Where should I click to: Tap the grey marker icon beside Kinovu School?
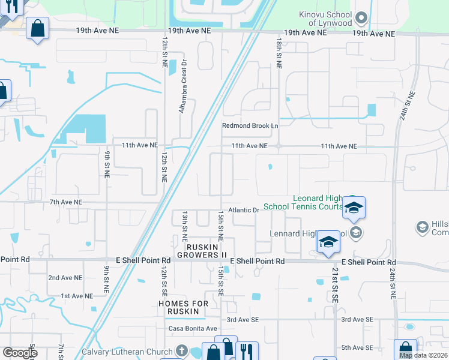360,17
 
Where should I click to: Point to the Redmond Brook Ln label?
250,125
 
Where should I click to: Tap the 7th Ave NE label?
65,203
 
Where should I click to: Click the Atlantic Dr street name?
246,210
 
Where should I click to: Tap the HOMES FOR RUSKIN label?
184,308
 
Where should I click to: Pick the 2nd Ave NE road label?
65,278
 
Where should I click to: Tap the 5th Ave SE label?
357,347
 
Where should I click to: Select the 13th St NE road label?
185,222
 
